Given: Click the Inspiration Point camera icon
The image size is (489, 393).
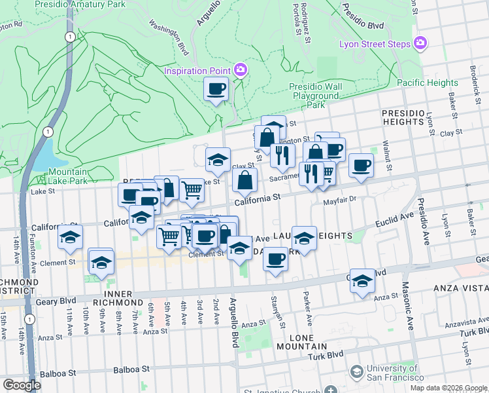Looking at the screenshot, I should coord(241,69).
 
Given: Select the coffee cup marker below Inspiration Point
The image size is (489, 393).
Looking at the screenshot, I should coord(216,89).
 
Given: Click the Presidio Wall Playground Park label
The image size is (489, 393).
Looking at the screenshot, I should coord(317,96).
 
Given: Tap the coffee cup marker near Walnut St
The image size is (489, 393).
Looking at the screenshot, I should coord(360,166).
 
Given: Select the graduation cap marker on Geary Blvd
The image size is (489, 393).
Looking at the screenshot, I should coord(362,281).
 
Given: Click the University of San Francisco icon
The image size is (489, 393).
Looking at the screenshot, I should coord(356,372).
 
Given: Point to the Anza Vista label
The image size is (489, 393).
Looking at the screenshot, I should coord(454,288).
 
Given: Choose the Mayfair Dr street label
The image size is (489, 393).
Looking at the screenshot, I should coord(339,200).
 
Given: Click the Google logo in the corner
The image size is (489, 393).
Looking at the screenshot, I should coord(22,384).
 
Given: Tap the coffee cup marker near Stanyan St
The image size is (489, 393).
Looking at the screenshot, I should coord(276,259).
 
